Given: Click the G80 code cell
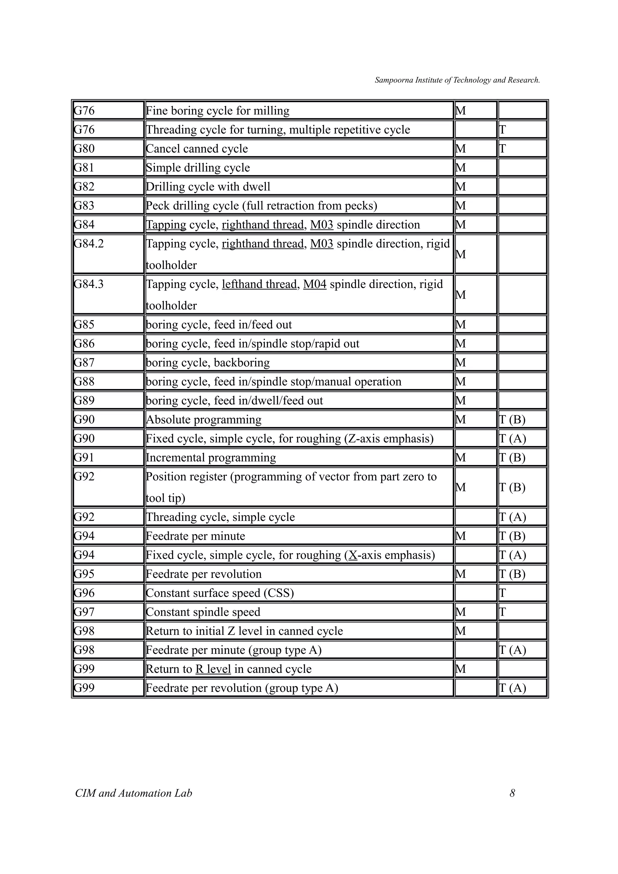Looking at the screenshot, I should pos(108,148).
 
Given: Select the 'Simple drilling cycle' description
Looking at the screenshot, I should pos(198,167).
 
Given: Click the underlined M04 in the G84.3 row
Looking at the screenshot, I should pos(314,284).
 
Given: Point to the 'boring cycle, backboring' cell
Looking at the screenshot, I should pos(208,363).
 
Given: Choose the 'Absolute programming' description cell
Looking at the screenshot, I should pos(204,420).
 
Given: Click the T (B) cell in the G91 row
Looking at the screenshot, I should pos(522,458).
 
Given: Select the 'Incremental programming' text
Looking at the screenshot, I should pos(211,458).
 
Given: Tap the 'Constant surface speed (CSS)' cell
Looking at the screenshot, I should pos(220,593).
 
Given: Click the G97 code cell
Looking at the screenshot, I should pos(108,612).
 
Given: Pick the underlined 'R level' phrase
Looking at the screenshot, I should pos(213,669).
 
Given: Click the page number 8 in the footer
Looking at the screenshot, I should pos(512,793).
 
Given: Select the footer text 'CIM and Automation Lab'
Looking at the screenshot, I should pos(134,793).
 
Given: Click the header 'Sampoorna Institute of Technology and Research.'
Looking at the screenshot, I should pos(457,80).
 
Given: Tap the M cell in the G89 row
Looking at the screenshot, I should pos(475,401).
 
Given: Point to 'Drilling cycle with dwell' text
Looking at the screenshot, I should pos(208,186).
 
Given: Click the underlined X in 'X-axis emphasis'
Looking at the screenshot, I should pos(353,555).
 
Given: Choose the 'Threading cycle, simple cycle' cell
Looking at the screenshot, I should pos(220,517).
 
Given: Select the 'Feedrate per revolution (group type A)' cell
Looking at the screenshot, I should pos(242,688).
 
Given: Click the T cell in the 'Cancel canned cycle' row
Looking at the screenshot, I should pos(522,148).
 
